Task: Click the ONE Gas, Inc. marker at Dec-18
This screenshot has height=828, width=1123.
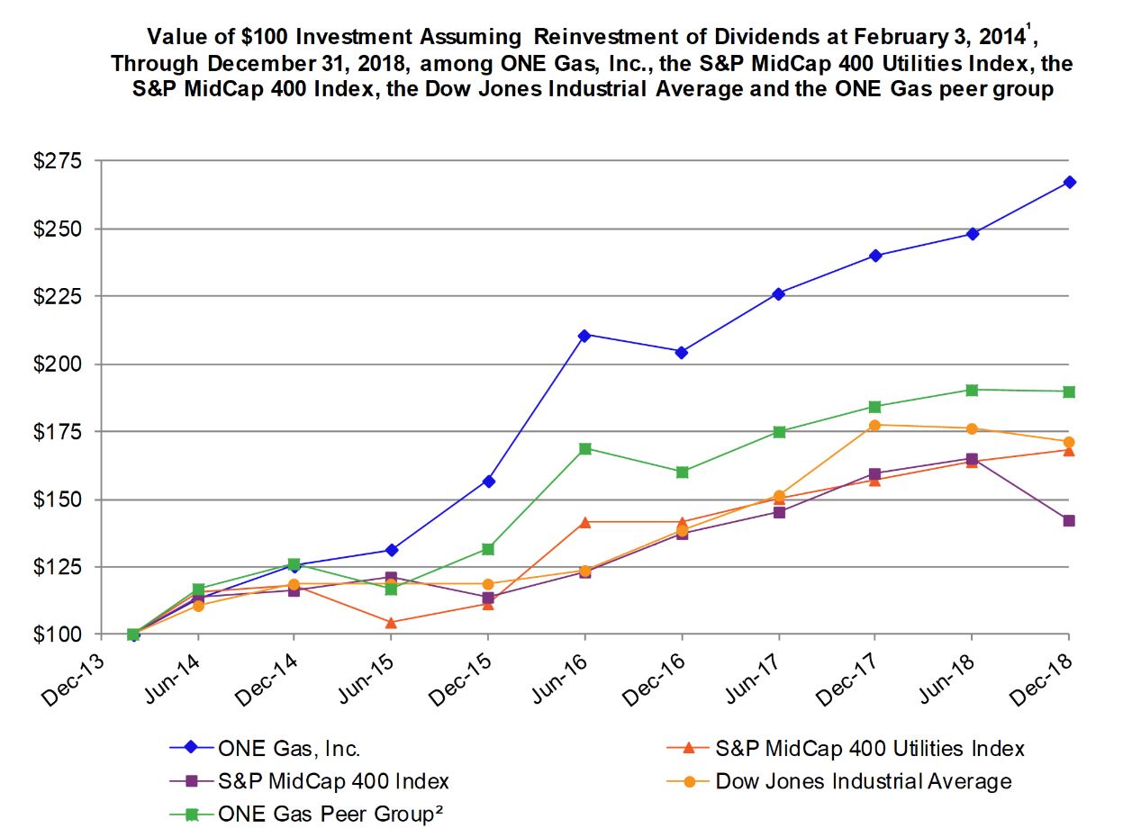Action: coord(1069,182)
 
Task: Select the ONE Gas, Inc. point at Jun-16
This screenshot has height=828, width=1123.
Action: coord(584,335)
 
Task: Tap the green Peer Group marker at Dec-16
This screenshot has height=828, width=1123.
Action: coord(682,472)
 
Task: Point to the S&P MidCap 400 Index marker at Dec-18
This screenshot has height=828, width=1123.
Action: coord(1069,520)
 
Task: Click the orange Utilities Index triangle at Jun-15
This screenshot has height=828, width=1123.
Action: coord(391,622)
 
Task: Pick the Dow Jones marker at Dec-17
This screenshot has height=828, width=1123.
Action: coord(874,425)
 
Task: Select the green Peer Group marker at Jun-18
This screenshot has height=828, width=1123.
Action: coord(972,390)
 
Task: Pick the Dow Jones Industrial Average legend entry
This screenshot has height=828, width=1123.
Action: coord(863,780)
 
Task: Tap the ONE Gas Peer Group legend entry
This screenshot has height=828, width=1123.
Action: coord(331,814)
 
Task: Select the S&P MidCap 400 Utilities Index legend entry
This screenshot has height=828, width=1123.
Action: coord(869,748)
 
